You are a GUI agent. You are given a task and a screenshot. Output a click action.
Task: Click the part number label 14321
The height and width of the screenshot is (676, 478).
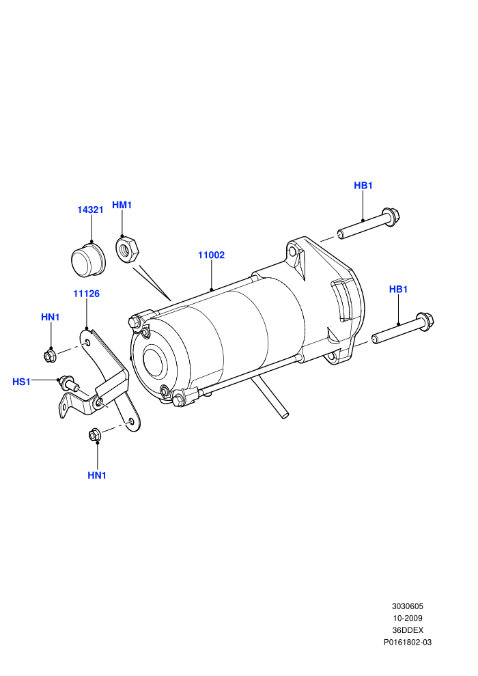[x=91, y=210]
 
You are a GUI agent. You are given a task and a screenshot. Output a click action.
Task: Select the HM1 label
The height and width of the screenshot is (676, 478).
[x=122, y=206]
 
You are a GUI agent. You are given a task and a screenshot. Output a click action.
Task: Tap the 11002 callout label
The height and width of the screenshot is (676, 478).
[x=211, y=255]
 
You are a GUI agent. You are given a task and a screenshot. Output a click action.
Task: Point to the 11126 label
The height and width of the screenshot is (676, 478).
[x=86, y=294]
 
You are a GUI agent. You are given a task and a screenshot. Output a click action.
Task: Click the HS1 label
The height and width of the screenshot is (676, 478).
[x=22, y=382]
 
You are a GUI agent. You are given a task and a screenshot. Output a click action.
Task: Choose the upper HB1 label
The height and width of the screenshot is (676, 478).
[x=363, y=185]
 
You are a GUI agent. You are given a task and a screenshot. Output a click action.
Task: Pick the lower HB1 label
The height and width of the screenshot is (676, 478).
[x=398, y=290]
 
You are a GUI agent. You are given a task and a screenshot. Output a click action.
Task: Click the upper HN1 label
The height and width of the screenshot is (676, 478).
[x=50, y=318]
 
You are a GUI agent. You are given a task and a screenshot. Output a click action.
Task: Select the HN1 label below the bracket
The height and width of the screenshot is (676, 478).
[x=97, y=475]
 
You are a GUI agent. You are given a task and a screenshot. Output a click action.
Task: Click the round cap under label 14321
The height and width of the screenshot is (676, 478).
[x=88, y=260]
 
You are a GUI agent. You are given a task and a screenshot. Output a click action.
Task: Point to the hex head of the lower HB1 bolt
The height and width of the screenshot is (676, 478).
[x=426, y=321]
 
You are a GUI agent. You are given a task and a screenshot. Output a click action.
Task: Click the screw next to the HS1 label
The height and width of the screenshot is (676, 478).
[x=68, y=383]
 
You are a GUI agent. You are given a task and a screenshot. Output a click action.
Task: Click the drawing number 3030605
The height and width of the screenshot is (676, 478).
[x=408, y=606]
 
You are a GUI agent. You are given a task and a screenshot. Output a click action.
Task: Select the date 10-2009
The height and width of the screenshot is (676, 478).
[x=408, y=618]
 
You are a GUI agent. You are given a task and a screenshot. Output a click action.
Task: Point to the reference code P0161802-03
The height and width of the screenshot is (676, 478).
[x=408, y=643]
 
